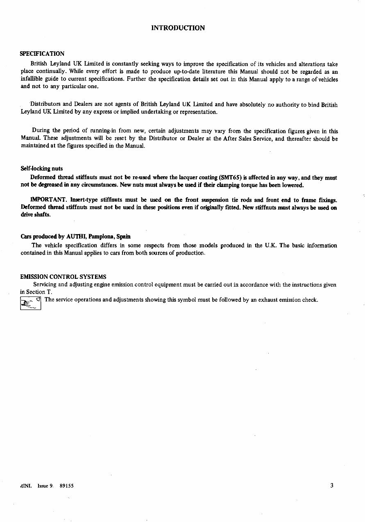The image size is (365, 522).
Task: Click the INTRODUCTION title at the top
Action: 178,28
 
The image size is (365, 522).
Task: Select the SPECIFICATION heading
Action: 42,54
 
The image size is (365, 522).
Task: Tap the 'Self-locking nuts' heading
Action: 41,169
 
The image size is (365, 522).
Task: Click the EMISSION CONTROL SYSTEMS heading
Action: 63,277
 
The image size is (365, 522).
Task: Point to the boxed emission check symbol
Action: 31,303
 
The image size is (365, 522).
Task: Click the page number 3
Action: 332,486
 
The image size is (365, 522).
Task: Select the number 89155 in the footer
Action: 66,486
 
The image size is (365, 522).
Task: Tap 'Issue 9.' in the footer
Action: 45,486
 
